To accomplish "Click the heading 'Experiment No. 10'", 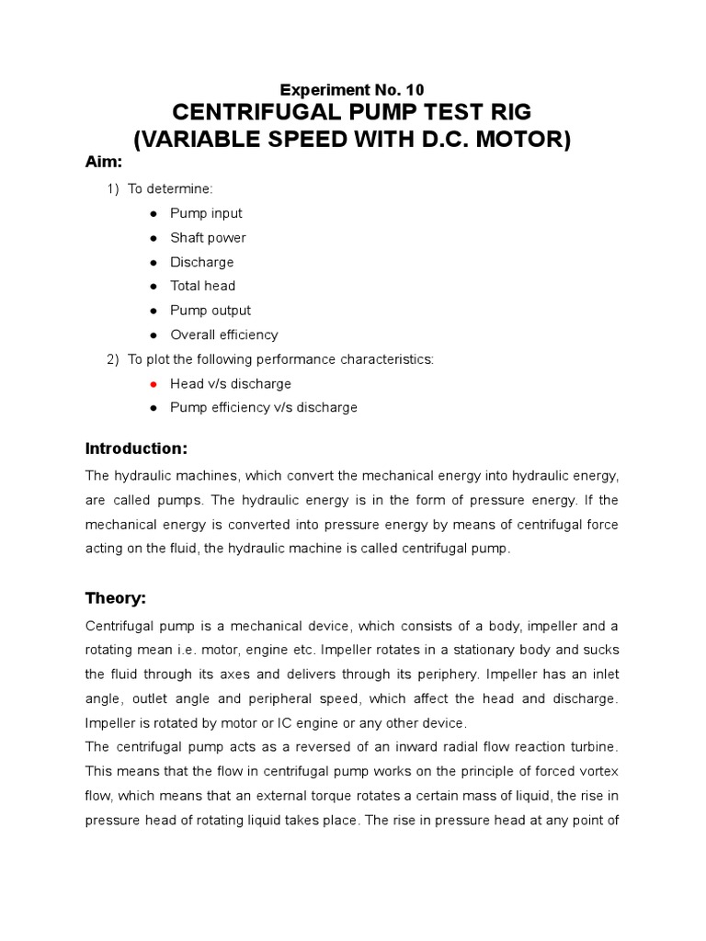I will click(352, 90).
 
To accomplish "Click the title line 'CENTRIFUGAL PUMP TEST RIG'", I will click(352, 114).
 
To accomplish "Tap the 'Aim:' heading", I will click(104, 162).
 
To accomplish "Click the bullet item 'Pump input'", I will click(206, 213).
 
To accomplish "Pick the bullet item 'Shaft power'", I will click(208, 238).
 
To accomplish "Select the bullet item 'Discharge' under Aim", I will click(201, 262).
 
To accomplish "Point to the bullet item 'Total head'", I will click(202, 286).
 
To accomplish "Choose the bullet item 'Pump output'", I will click(210, 311).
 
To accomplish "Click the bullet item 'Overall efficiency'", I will click(223, 334).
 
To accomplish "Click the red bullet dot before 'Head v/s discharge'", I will click(151, 383).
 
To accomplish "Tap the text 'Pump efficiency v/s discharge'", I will click(263, 407).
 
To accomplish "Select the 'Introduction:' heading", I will click(136, 448).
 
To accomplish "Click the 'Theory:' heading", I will click(116, 598).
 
